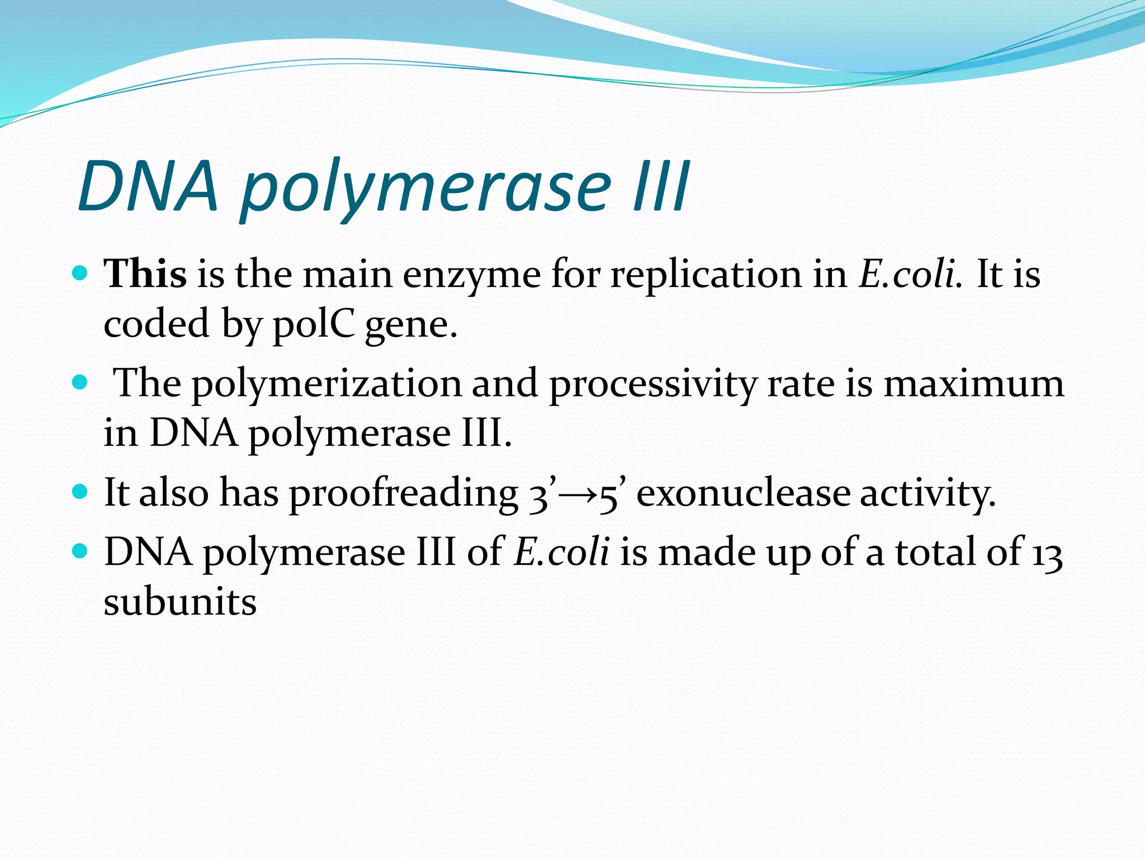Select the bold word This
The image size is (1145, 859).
tap(145, 274)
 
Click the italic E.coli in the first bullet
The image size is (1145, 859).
tap(910, 274)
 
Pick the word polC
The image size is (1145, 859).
tap(313, 325)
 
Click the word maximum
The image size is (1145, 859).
tap(973, 385)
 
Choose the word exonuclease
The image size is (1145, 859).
tap(742, 493)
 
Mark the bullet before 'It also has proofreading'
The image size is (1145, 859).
tap(81, 492)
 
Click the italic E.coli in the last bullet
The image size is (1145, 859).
tap(561, 552)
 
